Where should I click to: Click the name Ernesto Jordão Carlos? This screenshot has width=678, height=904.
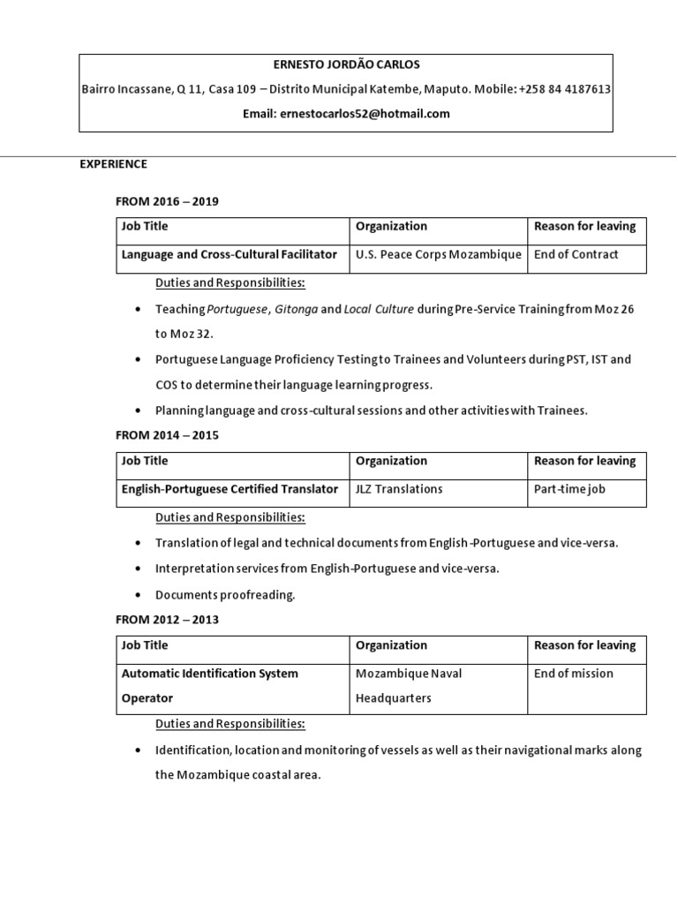pos(345,64)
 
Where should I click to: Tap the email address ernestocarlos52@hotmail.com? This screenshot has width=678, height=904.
pos(364,114)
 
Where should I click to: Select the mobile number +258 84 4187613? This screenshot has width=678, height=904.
pos(565,89)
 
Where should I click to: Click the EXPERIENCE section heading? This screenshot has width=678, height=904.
pos(114,164)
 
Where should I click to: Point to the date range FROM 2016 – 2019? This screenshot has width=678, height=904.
pos(167,201)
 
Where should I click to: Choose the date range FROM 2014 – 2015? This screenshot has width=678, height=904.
pos(167,435)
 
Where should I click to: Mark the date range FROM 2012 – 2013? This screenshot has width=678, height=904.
pos(167,620)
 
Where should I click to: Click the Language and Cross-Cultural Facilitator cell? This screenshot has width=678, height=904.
pos(230,254)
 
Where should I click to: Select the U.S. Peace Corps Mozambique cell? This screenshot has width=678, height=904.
pos(438,254)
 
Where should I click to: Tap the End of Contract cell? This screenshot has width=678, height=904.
pos(576,254)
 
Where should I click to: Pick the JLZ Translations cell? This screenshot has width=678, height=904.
pos(399,489)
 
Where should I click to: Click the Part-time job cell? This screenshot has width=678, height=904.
pos(570,489)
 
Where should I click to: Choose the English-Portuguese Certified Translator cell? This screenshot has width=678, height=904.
pos(230,489)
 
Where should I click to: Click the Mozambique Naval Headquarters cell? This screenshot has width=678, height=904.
pos(409,685)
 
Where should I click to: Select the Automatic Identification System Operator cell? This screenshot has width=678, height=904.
pos(210,685)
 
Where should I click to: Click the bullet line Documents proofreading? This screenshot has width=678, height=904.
pos(225,595)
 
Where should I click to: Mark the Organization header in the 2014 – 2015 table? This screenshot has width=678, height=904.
pos(391,461)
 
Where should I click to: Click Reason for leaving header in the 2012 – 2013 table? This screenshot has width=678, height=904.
pos(584,645)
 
